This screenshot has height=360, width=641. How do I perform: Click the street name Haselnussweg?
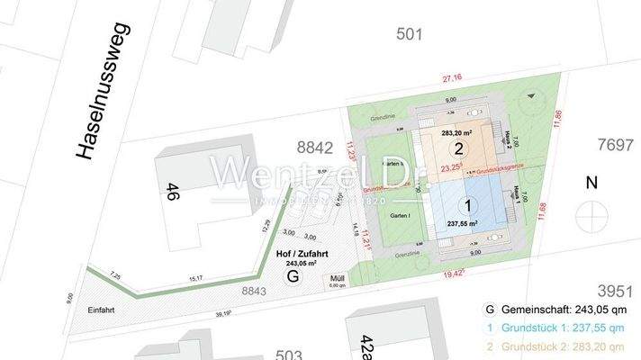pyautogui.click(x=101, y=91)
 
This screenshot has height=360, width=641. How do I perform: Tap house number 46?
pyautogui.click(x=171, y=192)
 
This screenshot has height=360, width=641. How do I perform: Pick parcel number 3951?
pyautogui.click(x=615, y=290)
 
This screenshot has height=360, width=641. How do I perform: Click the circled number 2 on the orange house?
pyautogui.click(x=458, y=149)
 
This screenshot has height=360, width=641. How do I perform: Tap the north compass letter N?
pyautogui.click(x=591, y=184)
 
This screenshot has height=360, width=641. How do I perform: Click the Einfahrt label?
pyautogui.click(x=102, y=309)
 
